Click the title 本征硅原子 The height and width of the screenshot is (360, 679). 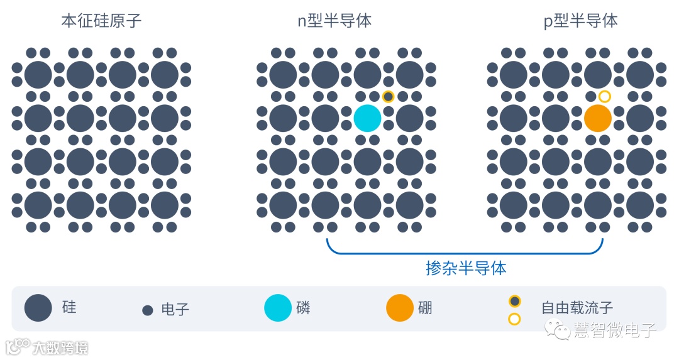coord(101,21)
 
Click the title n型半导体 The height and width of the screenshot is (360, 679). coord(334,21)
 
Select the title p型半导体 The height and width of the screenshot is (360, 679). coord(580,21)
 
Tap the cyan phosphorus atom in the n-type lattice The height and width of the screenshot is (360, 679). coord(367,118)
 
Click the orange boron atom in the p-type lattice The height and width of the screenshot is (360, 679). coord(597,118)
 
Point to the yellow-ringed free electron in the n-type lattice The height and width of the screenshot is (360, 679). coord(389,96)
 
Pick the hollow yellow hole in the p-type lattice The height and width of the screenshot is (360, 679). coord(604,96)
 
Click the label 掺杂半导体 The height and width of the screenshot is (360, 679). coord(466,268)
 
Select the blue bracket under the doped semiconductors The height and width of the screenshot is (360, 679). coord(465,253)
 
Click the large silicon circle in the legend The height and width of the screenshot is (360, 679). coord(38,308)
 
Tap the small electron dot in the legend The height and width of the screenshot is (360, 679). coord(148,310)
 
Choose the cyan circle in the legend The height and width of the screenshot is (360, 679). coord(278,308)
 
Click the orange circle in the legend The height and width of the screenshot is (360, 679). coord(400,308)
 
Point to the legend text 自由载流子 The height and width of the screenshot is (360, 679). coord(577,308)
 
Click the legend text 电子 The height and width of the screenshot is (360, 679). coord(175,309)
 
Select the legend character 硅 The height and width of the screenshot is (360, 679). coord(69,307)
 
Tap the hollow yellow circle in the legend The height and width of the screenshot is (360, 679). coord(514,319)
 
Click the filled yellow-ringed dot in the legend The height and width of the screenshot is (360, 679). coord(514,301)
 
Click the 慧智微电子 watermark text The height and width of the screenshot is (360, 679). coord(614,330)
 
